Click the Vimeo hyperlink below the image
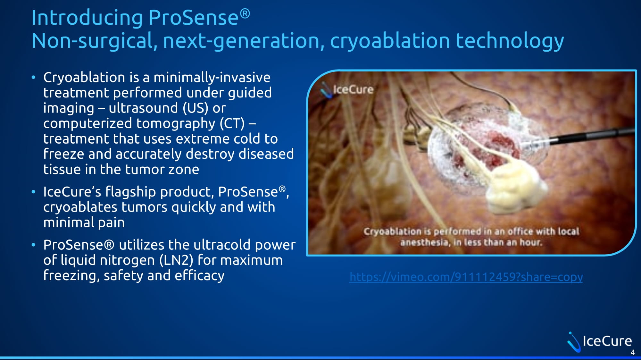pos(466,277)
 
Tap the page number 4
pos(633,353)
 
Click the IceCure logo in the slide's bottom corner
pos(599,342)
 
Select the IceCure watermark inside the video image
pos(347,89)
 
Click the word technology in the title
pos(510,41)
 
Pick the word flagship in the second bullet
pos(130,192)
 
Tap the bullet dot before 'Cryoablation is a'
pos(33,77)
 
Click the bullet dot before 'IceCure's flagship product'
pos(33,192)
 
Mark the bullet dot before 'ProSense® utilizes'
pos(33,245)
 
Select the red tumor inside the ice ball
pos(490,147)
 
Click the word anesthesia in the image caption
pos(424,242)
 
